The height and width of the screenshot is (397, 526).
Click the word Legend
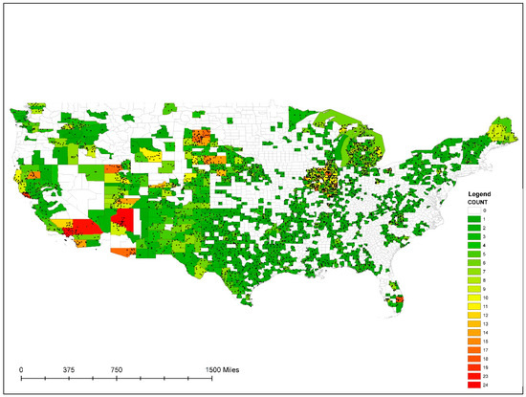pyautogui.click(x=477, y=193)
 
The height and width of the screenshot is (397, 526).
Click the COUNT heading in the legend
pyautogui.click(x=477, y=202)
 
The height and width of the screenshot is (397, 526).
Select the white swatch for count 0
pyautogui.click(x=473, y=211)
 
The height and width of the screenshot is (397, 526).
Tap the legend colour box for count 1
pyautogui.click(x=473, y=220)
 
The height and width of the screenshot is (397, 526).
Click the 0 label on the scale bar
pyautogui.click(x=21, y=367)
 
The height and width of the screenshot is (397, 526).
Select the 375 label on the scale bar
pyautogui.click(x=69, y=367)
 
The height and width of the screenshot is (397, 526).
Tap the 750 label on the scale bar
pyautogui.click(x=117, y=367)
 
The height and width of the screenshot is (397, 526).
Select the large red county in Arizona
pyautogui.click(x=122, y=226)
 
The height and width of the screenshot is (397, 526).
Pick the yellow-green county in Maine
pyautogui.click(x=499, y=127)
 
